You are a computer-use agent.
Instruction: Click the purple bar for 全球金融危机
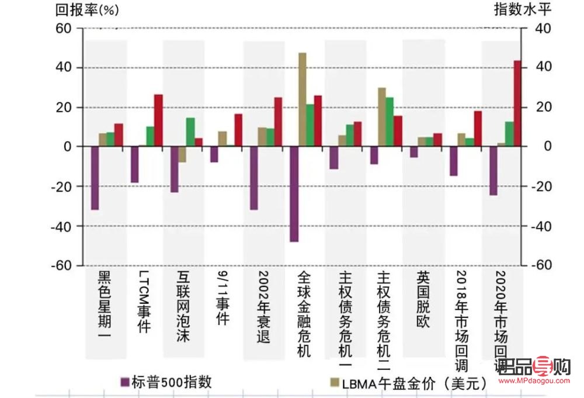294,193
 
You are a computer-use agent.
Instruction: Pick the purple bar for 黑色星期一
95,178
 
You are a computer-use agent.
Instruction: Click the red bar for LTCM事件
158,120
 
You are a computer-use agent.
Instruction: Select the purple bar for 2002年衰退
254,178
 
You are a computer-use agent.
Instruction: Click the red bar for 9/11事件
238,130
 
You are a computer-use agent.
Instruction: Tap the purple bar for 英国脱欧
413,152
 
